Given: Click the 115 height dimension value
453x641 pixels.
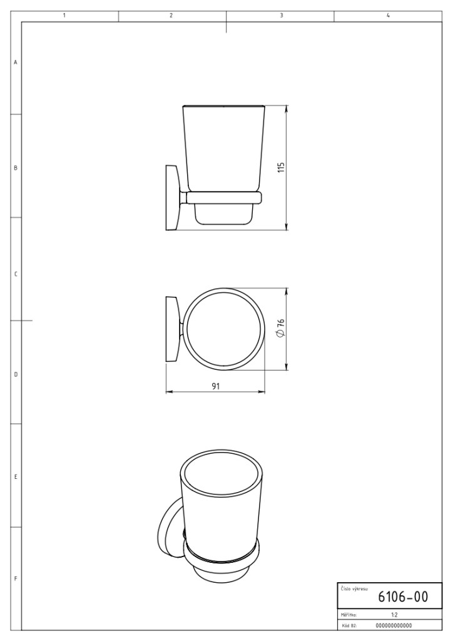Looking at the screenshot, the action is pos(281,167).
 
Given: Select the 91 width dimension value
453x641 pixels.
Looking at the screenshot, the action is pos(216,386).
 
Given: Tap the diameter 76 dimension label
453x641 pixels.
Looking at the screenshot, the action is pos(280,328).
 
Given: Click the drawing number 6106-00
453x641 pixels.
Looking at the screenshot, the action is pos(403,597).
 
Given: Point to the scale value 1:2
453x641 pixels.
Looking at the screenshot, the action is pos(394,615).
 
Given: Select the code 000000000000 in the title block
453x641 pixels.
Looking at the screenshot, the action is pos(394,625).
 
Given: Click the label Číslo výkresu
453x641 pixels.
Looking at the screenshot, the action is pos(354,589).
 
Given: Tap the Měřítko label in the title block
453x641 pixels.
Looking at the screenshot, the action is pos(349,615).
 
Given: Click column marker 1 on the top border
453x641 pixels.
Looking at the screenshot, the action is pos(64,16).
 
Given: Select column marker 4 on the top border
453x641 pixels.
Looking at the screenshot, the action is pos(388,16).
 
